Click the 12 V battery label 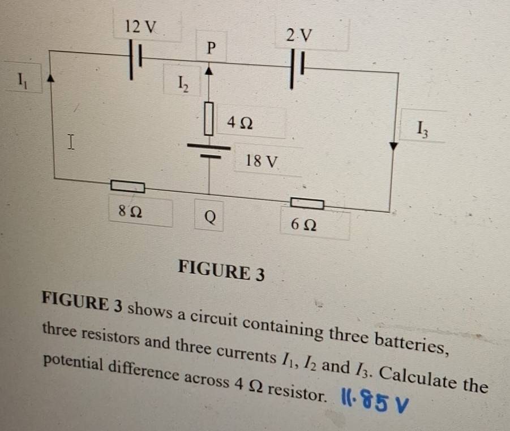[x=142, y=26]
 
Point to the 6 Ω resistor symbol [x=307, y=202]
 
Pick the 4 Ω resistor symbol [x=209, y=118]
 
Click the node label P [x=211, y=48]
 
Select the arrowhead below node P [x=209, y=71]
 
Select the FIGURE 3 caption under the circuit [x=221, y=270]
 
